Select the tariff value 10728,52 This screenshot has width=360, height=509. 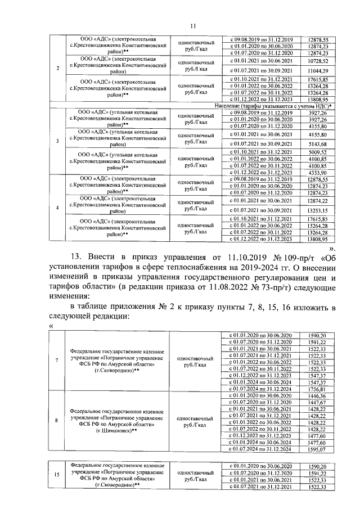click(318, 60)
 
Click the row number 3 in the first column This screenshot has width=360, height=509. click(58, 141)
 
